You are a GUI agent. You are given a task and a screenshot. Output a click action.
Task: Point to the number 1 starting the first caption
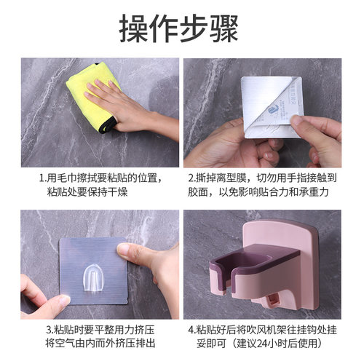click(41, 178)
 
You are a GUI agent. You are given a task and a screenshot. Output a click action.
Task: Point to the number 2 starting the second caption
click(191, 178)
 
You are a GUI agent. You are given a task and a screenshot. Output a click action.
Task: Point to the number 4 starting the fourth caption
click(191, 330)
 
